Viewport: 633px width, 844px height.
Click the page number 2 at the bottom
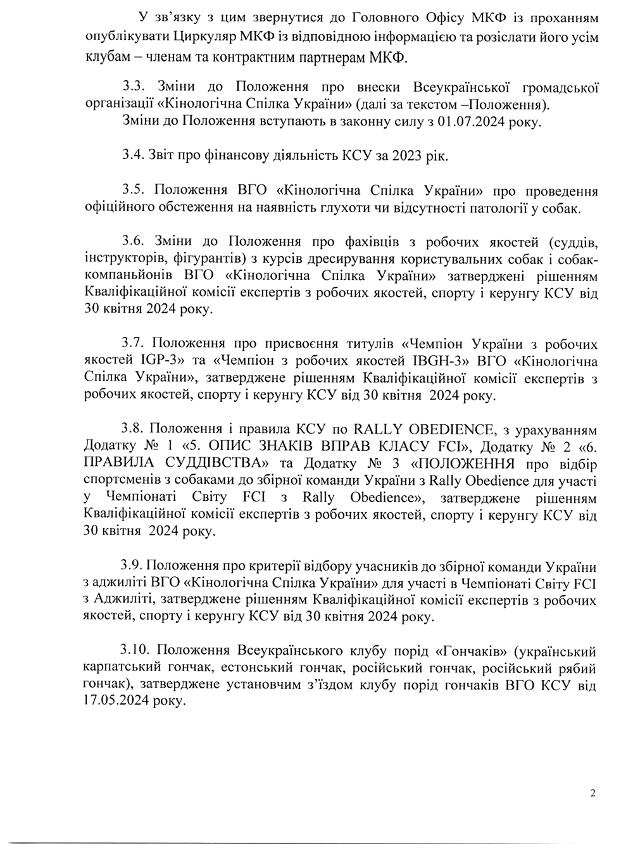(592, 792)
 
